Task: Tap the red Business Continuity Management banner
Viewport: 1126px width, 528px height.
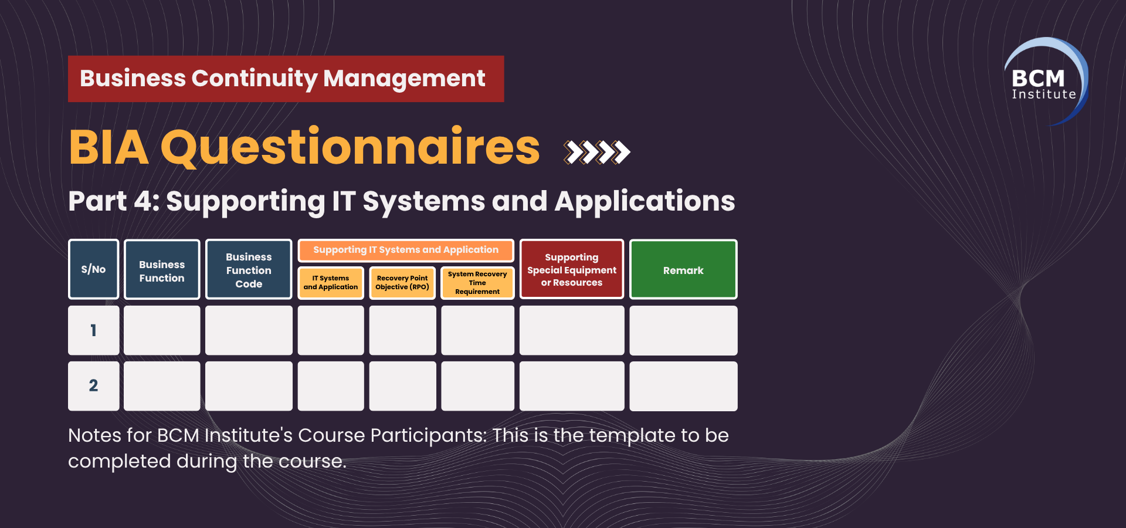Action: tap(286, 79)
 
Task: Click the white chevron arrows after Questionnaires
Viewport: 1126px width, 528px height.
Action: tap(596, 152)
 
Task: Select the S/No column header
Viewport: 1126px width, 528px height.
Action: tap(94, 269)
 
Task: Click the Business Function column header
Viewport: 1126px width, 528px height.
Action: tap(162, 269)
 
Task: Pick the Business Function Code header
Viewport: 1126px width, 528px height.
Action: tap(249, 269)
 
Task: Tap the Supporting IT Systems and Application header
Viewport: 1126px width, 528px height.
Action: tap(406, 250)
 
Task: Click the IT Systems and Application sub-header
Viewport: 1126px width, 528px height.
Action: tap(331, 283)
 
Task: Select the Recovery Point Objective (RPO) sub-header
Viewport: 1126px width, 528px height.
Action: tap(402, 283)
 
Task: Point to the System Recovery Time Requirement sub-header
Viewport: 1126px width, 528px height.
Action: tap(477, 283)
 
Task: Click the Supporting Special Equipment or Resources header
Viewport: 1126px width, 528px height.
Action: tap(572, 269)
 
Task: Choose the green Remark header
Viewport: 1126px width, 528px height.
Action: tap(683, 269)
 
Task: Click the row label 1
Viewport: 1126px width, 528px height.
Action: tap(94, 330)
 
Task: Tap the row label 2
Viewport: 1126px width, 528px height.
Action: tap(94, 385)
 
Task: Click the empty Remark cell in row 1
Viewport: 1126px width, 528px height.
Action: tap(683, 330)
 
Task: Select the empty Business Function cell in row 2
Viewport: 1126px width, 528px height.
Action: tap(162, 385)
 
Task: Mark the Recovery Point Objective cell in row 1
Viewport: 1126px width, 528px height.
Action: tap(402, 330)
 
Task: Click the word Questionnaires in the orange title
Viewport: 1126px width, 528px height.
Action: tap(350, 147)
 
